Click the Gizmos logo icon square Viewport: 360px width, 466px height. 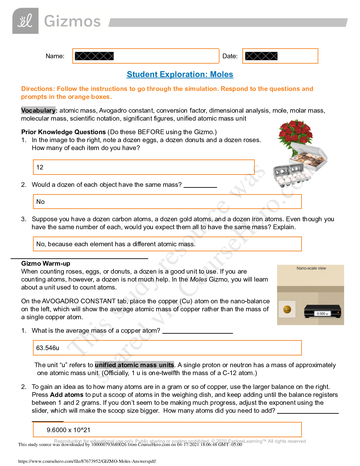[25, 21]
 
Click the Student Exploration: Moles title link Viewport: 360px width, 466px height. [180, 74]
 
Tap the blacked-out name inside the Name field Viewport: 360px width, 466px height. [94, 56]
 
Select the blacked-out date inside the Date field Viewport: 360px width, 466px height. [261, 56]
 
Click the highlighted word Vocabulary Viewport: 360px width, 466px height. [38, 111]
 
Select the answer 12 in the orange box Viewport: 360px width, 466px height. [40, 167]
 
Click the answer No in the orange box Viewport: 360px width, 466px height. [41, 202]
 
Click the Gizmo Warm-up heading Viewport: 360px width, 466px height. [46, 264]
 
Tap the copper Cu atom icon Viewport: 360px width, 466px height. [287, 309]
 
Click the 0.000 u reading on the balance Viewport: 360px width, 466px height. [322, 314]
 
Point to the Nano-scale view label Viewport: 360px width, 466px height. [311, 268]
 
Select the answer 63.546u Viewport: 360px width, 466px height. [48, 348]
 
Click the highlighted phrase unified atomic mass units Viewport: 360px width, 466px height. [134, 365]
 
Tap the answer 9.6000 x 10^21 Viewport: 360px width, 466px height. [69, 430]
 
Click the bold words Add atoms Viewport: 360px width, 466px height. [67, 395]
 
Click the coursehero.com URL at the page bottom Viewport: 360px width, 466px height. [87, 461]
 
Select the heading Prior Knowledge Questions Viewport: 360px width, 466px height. [64, 132]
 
